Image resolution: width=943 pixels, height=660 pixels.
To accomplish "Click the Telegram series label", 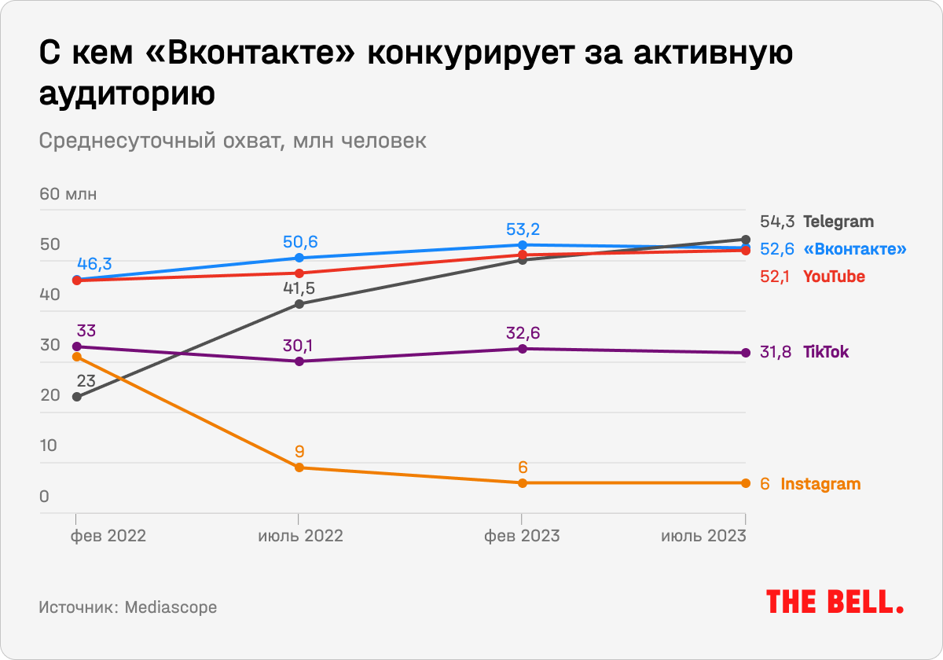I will click(838, 222).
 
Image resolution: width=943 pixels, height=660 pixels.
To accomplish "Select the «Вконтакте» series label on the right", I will click(855, 249).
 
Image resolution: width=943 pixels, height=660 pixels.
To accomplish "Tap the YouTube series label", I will click(834, 277).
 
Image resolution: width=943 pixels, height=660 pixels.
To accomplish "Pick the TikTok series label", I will click(826, 352).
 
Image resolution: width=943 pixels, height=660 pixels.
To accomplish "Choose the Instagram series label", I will click(820, 484).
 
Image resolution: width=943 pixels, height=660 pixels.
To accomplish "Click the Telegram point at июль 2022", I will click(299, 304).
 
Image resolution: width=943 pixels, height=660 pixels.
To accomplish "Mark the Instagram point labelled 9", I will click(299, 467).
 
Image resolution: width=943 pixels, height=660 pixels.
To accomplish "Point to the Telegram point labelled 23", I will click(76, 397).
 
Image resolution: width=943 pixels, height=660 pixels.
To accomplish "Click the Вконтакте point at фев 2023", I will click(523, 244).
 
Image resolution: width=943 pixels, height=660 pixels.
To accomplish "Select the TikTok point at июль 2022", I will click(299, 361).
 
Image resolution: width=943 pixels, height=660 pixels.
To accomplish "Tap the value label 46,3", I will click(94, 263).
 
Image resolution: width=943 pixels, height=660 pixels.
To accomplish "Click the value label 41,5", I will click(299, 288).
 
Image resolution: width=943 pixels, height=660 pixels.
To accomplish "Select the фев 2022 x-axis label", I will click(108, 536).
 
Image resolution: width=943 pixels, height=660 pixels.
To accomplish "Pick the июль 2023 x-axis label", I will click(703, 536).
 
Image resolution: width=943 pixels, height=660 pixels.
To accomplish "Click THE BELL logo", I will click(835, 602).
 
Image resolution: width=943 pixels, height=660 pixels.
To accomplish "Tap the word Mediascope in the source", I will click(171, 607).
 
